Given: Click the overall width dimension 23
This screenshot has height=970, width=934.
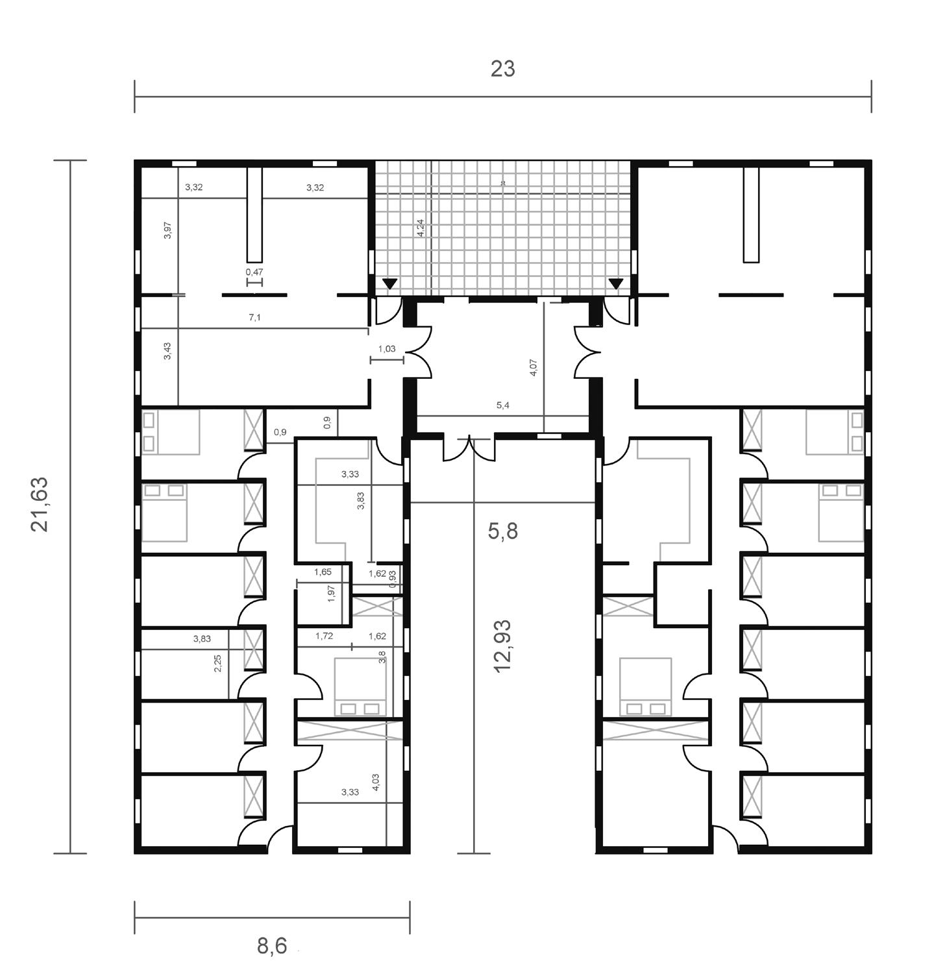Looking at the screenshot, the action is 502,69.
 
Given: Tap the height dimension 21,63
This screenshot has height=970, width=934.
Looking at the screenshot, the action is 40,505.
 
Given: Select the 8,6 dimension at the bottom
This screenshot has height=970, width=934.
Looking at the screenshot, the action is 272,946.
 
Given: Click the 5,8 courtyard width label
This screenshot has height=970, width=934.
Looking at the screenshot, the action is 503,531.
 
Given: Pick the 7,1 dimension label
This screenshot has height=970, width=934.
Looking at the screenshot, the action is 254,317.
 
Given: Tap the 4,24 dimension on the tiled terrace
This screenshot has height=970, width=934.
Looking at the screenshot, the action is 421,227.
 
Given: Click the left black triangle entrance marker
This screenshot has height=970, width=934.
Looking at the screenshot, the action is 389,284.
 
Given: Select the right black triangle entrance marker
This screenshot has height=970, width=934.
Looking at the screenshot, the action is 616,284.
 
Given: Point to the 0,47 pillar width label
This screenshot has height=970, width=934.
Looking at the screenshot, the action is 254,272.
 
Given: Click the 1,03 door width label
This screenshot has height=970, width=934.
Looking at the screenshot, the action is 386,349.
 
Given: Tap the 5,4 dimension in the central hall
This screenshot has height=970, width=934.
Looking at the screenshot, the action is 503,406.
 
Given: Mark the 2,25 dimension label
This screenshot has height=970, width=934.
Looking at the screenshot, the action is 218,663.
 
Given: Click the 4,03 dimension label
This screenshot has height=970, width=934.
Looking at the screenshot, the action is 376,782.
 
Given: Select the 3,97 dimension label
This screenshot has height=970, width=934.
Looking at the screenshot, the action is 168,231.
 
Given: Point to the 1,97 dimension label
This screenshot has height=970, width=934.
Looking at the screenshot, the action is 332,594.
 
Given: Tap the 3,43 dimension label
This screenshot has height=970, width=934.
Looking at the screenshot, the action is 168,351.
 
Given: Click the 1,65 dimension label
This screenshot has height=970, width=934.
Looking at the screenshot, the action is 323,572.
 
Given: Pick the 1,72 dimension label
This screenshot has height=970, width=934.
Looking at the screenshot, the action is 324,636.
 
